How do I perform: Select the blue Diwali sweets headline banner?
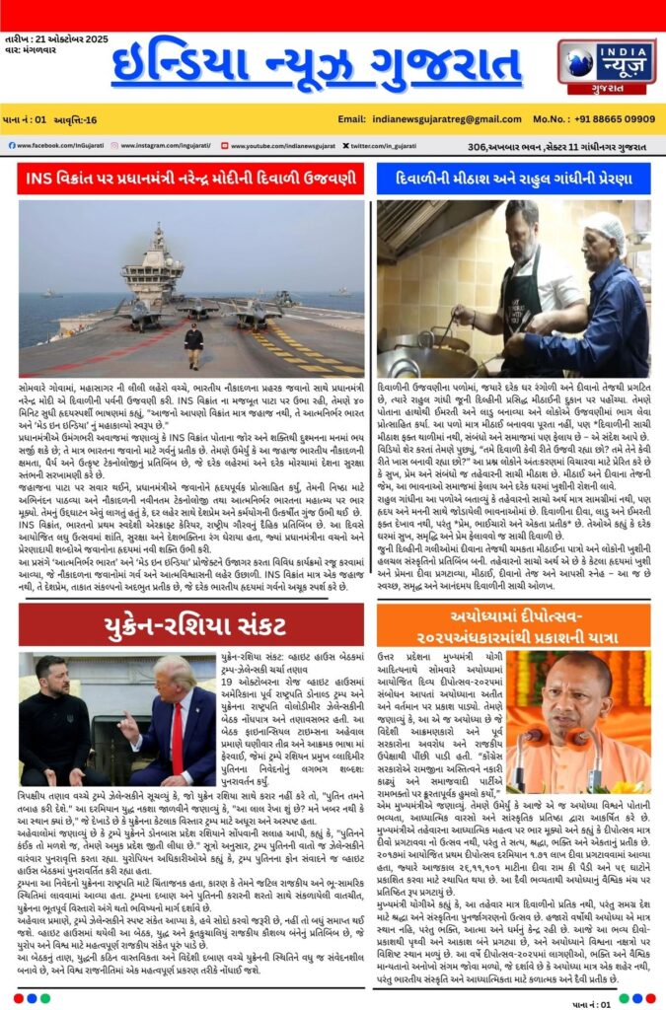pos(513,180)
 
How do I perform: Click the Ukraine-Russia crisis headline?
pos(191,625)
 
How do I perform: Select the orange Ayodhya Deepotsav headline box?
pos(513,625)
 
